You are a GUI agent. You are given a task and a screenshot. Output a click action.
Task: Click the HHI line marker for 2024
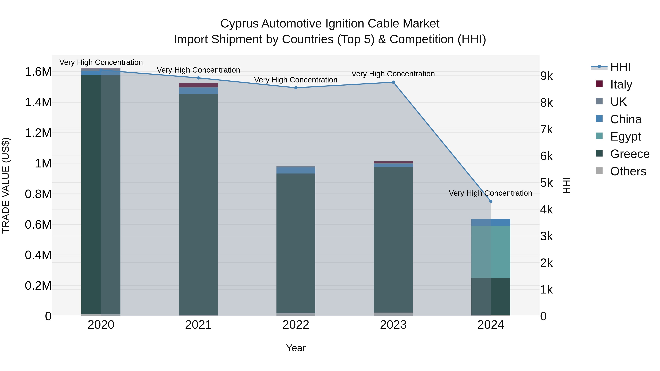pos(491,201)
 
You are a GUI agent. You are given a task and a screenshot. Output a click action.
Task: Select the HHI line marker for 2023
pos(393,82)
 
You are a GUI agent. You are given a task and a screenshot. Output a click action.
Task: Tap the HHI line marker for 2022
pos(296,88)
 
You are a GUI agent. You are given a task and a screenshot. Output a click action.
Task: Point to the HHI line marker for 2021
pos(198,78)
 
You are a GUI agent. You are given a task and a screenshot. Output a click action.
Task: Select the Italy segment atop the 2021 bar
pos(198,85)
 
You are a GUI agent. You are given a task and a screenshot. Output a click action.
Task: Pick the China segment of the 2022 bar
pos(296,170)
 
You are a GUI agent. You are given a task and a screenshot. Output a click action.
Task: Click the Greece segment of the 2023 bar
pos(393,239)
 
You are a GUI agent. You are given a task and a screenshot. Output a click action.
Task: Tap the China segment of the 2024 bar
pos(491,222)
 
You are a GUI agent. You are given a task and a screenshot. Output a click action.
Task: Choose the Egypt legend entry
pos(625,136)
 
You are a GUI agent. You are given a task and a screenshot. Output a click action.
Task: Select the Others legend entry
pos(628,171)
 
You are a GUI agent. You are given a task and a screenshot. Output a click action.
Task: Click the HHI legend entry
pos(620,67)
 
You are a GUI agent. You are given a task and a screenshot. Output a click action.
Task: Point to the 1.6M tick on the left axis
pos(38,72)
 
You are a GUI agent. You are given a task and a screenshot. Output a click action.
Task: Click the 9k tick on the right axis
pos(547,76)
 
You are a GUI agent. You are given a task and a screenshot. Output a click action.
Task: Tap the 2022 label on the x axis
pos(296,325)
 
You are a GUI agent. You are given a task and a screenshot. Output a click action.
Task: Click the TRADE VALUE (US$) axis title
pos(6,185)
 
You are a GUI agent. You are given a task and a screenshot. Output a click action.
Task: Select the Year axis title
pos(296,348)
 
